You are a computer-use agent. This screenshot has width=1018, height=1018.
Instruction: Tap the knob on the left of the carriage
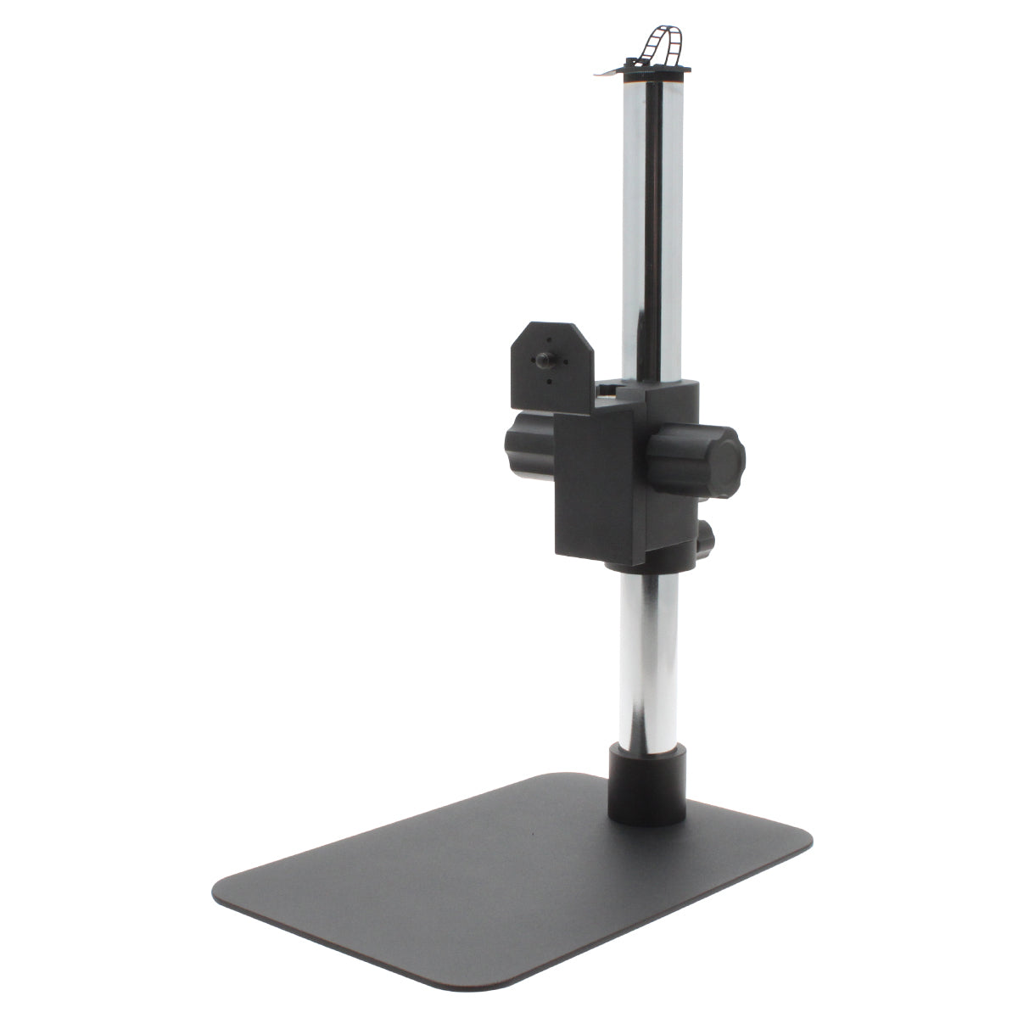(x=528, y=448)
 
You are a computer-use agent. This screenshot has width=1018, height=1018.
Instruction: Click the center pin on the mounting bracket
(x=540, y=361)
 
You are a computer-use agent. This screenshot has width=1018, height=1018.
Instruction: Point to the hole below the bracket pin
(x=548, y=381)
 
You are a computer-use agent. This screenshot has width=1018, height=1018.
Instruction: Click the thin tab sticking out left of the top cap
(x=604, y=73)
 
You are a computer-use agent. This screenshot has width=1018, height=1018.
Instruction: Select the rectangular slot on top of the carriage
(x=609, y=390)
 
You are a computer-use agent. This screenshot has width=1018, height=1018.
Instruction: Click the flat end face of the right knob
(x=728, y=461)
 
